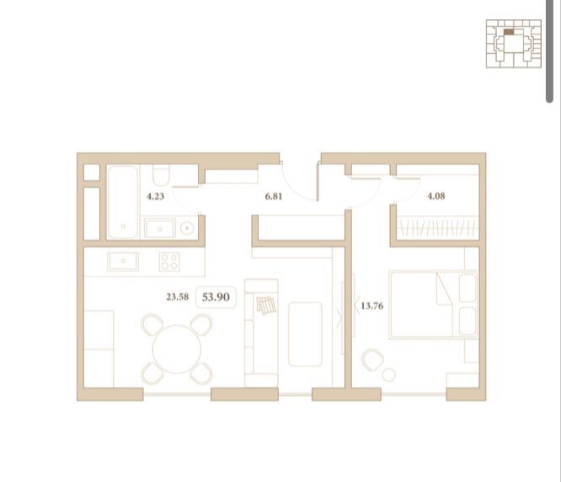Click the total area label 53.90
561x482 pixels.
tap(216, 297)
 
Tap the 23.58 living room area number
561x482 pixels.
tap(178, 297)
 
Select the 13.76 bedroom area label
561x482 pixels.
tap(372, 306)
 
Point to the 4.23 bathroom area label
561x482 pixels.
tap(156, 196)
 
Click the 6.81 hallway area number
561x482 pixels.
tap(274, 196)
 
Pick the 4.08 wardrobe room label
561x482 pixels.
tap(436, 196)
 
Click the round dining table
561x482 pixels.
tap(177, 349)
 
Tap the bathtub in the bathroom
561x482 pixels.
tap(123, 202)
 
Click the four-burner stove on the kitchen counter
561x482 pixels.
tap(169, 261)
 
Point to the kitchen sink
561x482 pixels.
tap(123, 261)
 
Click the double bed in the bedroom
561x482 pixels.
tap(433, 304)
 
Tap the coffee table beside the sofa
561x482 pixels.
tap(305, 334)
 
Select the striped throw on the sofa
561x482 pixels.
tap(266, 305)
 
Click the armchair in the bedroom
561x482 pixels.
tap(372, 360)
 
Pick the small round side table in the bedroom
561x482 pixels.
tap(389, 375)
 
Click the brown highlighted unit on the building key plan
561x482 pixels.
tap(509, 32)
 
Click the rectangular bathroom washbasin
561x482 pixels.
tap(160, 228)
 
